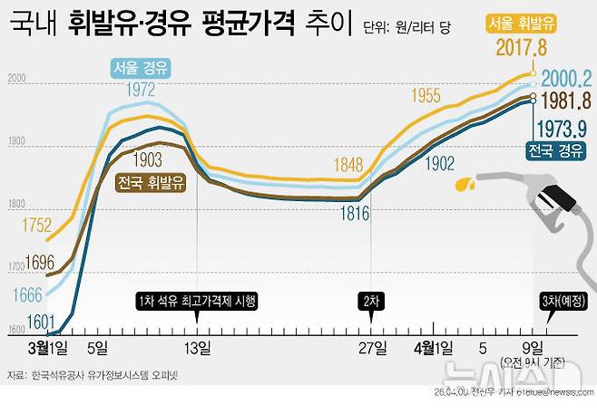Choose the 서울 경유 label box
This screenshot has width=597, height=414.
click(x=141, y=67)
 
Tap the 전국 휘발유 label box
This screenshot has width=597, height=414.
click(x=152, y=182)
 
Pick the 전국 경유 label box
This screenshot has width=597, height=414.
click(x=555, y=149)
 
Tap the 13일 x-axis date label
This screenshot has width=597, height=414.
click(x=197, y=347)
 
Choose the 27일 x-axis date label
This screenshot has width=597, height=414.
click(x=371, y=347)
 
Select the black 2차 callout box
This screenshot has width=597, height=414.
click(x=371, y=302)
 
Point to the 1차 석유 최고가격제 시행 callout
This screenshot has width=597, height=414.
click(x=197, y=302)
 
